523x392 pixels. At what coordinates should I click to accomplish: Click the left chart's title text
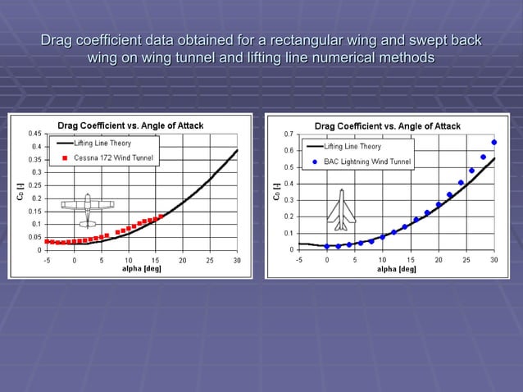coord(130,125)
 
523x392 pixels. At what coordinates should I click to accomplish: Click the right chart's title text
coord(388,125)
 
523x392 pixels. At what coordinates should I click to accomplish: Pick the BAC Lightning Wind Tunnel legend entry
coord(366,162)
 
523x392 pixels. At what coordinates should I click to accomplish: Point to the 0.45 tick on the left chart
coord(36,134)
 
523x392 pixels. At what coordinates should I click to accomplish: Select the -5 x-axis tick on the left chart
coord(47,260)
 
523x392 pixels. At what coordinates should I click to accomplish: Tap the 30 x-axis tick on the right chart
coord(493,259)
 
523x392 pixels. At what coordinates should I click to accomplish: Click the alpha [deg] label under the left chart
coord(141,268)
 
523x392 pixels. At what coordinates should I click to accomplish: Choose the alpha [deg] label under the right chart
coord(396,268)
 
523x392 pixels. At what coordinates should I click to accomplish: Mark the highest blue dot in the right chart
coord(493,142)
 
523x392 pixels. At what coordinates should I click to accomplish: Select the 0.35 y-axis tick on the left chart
coord(36,159)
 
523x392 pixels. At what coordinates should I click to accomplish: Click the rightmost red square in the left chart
coord(161,217)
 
